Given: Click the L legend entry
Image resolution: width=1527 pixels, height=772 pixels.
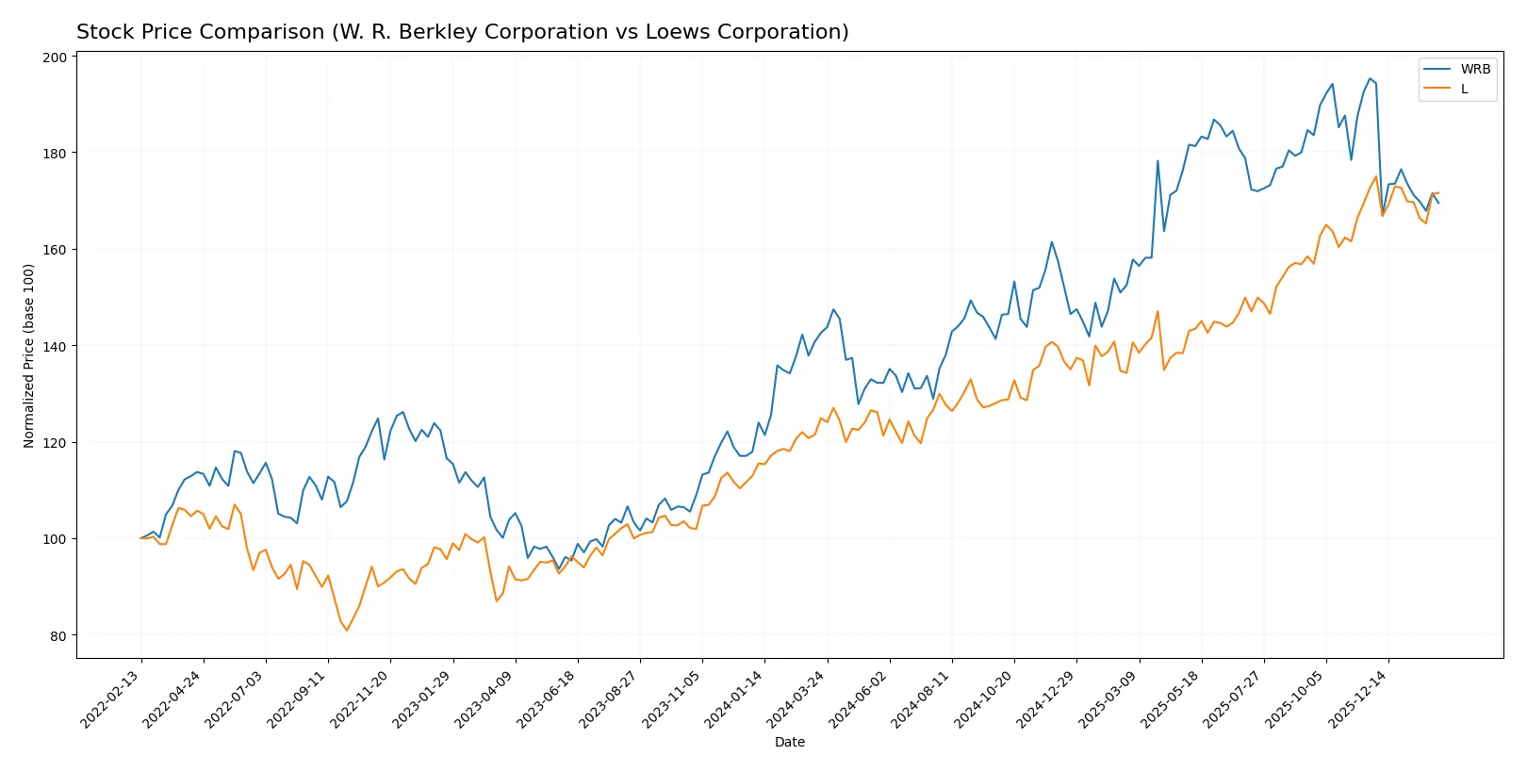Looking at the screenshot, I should (1464, 90).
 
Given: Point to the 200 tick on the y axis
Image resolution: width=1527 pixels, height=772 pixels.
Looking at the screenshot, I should (55, 57).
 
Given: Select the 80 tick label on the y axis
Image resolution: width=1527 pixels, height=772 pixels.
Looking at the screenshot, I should (58, 636).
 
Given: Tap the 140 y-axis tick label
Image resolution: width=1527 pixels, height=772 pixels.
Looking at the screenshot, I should (55, 347).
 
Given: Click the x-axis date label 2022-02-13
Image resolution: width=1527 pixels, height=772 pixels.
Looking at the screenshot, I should (111, 698).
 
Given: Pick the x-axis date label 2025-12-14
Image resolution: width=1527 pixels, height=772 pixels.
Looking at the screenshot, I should (1358, 698).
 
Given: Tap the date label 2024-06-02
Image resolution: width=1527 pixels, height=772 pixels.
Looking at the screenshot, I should (859, 698).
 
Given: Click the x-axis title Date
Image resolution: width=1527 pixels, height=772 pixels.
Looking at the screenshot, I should (789, 743).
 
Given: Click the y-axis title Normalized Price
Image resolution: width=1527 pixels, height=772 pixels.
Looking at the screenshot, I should (28, 355).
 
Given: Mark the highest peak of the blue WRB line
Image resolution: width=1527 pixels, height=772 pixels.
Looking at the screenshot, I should (1370, 78).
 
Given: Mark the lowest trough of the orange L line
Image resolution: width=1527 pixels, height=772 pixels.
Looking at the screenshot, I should (346, 631).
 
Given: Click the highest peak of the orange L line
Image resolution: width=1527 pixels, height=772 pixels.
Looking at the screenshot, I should (1375, 176).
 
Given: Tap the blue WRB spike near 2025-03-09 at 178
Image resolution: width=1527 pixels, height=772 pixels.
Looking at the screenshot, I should (1158, 160).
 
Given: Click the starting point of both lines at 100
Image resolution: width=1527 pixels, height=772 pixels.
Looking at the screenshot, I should (141, 538).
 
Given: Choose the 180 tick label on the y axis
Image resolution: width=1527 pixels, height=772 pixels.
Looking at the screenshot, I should (55, 154).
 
